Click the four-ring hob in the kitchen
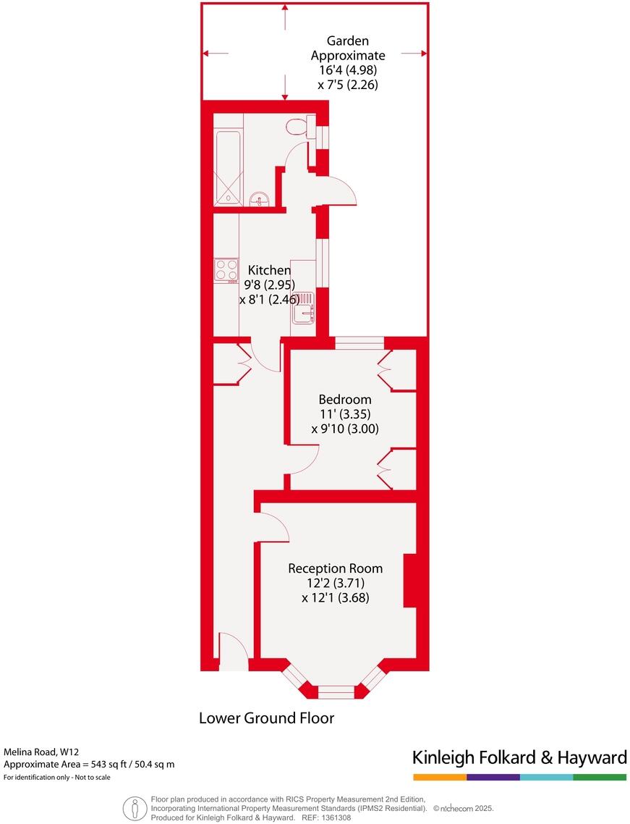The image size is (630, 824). pyautogui.click(x=226, y=269)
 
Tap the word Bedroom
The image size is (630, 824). pyautogui.click(x=345, y=399)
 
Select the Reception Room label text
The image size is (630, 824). pyautogui.click(x=335, y=568)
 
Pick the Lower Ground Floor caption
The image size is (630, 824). pyautogui.click(x=266, y=718)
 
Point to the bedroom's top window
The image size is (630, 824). pyautogui.click(x=359, y=343)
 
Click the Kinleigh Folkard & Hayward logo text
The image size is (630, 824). pyautogui.click(x=519, y=757)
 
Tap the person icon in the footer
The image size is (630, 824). pyautogui.click(x=132, y=807)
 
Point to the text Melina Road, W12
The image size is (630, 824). pyautogui.click(x=41, y=752)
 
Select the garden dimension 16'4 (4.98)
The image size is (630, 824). pyautogui.click(x=348, y=70)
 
